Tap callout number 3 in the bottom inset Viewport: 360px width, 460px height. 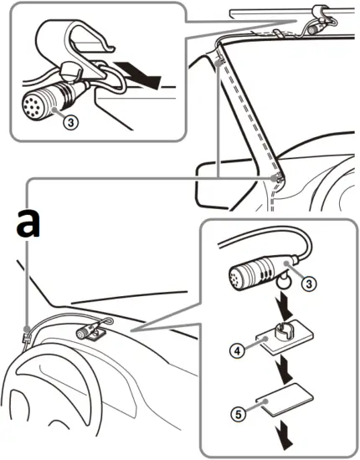(x=310, y=284)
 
